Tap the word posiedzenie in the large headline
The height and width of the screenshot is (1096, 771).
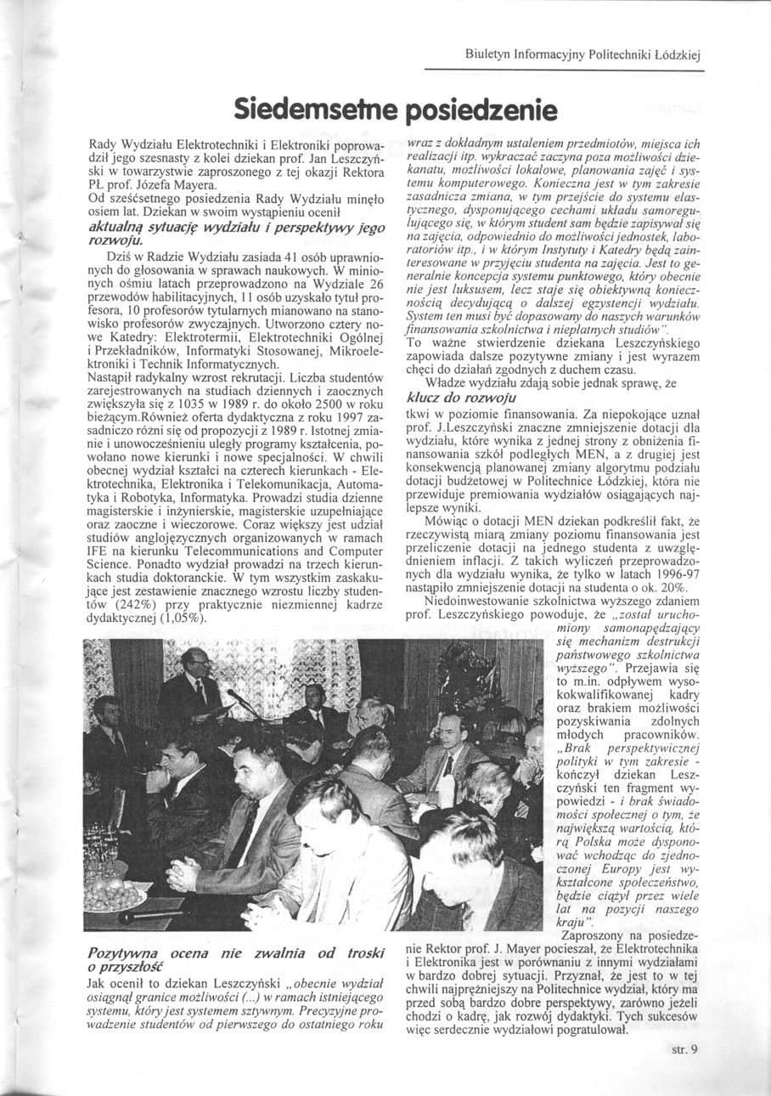click(x=480, y=111)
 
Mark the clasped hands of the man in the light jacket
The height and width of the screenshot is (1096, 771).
click(x=180, y=873)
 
